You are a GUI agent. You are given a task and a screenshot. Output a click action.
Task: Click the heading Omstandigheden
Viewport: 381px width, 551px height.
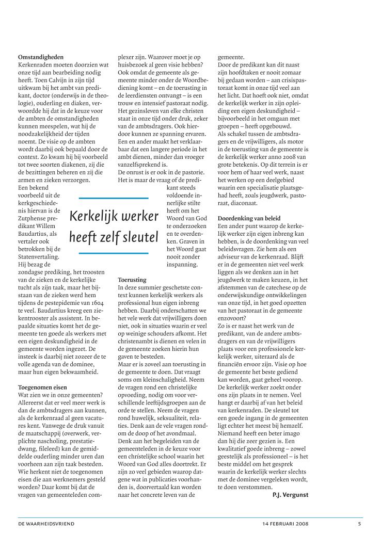click(41, 57)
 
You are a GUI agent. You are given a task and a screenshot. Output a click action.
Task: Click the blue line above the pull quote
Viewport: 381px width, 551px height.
click(113, 198)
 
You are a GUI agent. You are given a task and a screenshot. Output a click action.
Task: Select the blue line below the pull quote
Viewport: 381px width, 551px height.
click(113, 253)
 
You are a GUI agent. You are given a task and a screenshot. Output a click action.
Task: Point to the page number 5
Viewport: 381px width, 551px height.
click(359, 524)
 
